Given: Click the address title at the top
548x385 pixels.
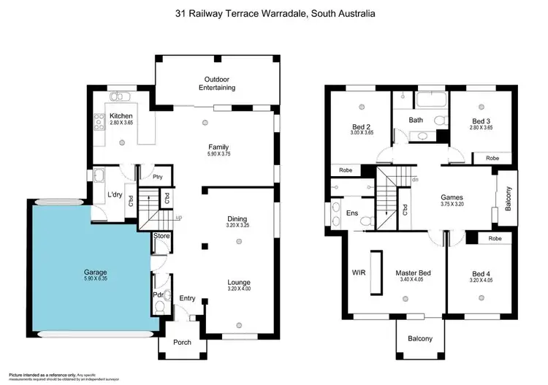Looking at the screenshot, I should (273, 13).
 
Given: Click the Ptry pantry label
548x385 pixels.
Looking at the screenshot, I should (157, 177).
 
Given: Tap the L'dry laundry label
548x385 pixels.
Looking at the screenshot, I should (115, 194).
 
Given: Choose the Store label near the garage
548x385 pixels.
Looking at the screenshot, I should (161, 236).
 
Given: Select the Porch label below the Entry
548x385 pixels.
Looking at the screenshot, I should (181, 343).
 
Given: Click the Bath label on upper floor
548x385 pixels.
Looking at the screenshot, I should (416, 120).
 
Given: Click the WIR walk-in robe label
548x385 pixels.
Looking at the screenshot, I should (359, 272).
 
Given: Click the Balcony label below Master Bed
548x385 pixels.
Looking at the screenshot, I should (420, 338).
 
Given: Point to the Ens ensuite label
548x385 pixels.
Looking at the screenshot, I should (353, 213).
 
